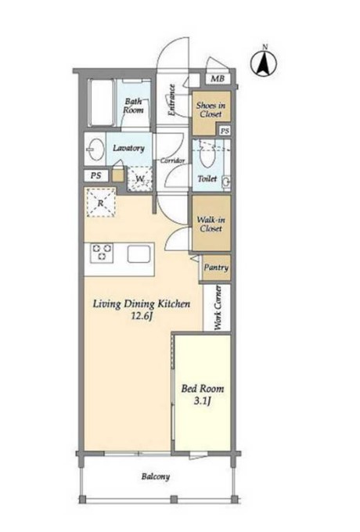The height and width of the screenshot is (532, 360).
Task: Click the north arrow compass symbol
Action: pyautogui.click(x=264, y=63)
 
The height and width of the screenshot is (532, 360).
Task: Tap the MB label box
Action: pyautogui.click(x=218, y=79)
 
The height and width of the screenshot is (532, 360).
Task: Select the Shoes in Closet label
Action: pyautogui.click(x=211, y=110)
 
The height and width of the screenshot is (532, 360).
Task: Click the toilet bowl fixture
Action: pyautogui.click(x=207, y=155)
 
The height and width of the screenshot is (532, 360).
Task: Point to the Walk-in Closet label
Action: pyautogui.click(x=211, y=224)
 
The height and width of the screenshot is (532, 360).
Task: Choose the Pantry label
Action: pyautogui.click(x=216, y=268)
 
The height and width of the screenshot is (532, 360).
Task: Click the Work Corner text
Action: pyautogui.click(x=218, y=307)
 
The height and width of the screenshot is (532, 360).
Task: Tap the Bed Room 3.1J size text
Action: pyautogui.click(x=203, y=394)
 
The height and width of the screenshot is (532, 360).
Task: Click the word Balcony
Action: pyautogui.click(x=156, y=476)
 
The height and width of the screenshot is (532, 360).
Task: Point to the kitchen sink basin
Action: pyautogui.click(x=139, y=254)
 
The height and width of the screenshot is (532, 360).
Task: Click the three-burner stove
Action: pyautogui.click(x=102, y=253)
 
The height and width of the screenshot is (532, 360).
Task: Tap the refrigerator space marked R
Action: pyautogui.click(x=100, y=203)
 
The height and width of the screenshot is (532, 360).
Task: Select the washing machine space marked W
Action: pyautogui.click(x=140, y=179)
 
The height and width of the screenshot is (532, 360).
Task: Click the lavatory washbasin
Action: pyautogui.click(x=95, y=149)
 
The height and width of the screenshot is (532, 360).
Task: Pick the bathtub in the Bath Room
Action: pyautogui.click(x=100, y=102)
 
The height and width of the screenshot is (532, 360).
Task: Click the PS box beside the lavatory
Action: pyautogui.click(x=96, y=176)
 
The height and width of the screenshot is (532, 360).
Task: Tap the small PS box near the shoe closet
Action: pyautogui.click(x=225, y=131)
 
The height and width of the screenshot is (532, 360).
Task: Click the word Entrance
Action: pyautogui.click(x=171, y=100)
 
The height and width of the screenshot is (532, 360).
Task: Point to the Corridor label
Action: pyautogui.click(x=173, y=160)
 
